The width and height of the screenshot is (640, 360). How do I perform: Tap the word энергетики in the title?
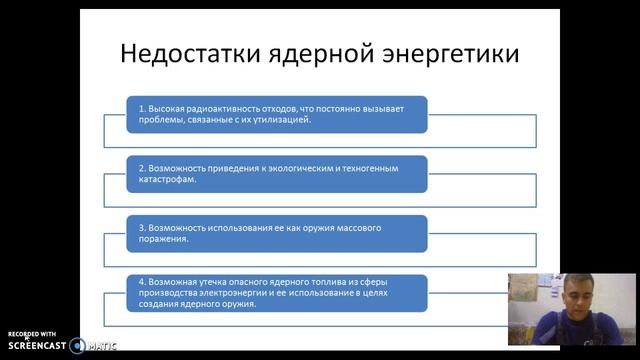(x=446, y=54)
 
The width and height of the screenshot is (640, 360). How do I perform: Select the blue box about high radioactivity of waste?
(x=278, y=114)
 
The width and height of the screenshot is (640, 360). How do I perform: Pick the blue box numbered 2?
(x=278, y=174)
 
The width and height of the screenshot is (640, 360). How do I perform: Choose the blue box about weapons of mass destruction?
(x=278, y=234)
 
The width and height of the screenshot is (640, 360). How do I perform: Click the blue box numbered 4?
(x=278, y=294)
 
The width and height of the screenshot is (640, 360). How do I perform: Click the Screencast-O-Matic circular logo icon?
(x=77, y=345)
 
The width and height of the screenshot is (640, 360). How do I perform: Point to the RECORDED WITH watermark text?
(x=33, y=334)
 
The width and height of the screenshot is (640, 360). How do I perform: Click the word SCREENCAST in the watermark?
(x=36, y=346)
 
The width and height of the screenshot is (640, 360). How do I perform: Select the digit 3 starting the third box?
(x=142, y=228)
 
